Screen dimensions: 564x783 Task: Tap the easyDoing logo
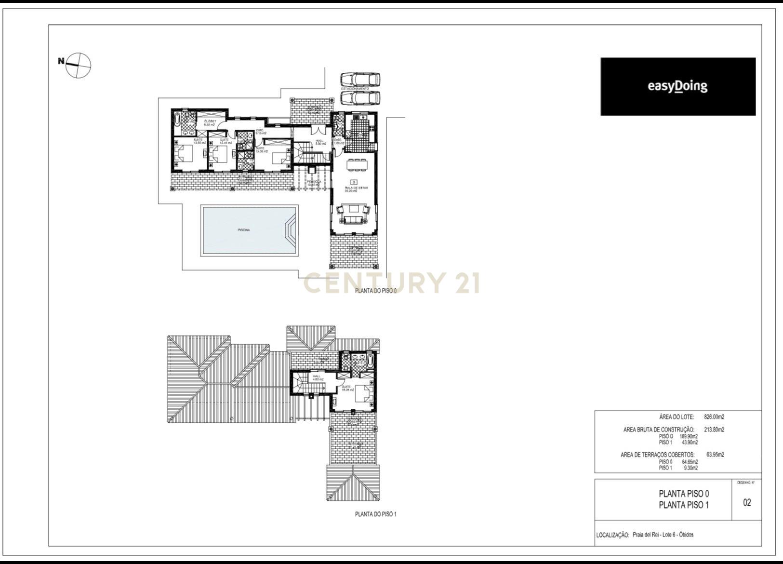[677, 86]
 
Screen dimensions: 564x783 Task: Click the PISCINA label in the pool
[244, 230]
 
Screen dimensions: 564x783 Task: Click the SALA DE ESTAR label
[356, 188]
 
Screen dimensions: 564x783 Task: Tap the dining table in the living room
[357, 164]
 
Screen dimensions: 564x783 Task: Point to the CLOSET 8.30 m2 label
[209, 122]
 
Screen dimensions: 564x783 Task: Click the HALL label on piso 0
[319, 142]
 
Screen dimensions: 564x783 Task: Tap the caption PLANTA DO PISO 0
[375, 291]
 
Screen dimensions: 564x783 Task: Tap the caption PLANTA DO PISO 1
[375, 514]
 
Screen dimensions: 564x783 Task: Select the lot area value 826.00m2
[714, 417]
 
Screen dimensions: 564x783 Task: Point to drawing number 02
[747, 503]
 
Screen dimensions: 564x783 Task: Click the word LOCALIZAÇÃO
[612, 535]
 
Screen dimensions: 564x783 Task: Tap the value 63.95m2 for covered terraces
[715, 455]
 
